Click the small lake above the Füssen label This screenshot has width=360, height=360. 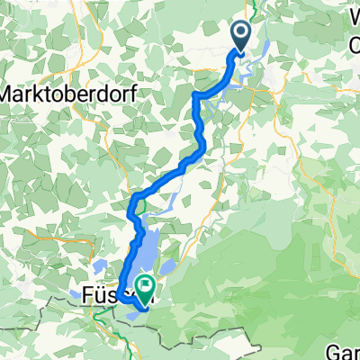click(102, 268)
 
